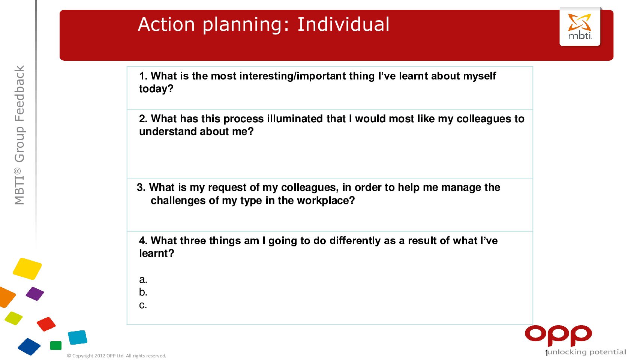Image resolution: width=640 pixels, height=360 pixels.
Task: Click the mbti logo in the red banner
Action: point(580,26)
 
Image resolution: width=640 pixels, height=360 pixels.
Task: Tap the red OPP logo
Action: point(558,336)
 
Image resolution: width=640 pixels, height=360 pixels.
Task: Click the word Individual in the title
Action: point(343,24)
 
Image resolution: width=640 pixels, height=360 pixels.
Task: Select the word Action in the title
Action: point(166,24)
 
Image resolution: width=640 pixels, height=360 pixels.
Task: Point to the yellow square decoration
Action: point(27,268)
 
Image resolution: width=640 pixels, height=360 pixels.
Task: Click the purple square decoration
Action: point(35,294)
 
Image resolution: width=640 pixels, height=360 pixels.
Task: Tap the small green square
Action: point(56,345)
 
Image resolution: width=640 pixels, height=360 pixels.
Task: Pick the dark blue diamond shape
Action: point(29,347)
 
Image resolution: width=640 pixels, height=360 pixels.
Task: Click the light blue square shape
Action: point(78,337)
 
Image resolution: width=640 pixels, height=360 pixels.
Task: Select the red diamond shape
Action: point(46,324)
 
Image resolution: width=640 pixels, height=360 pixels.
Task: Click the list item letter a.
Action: point(143,279)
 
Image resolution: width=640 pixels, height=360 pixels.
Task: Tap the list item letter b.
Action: point(143,292)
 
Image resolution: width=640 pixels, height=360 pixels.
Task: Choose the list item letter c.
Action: point(143,305)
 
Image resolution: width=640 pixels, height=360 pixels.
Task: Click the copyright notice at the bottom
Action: point(116,356)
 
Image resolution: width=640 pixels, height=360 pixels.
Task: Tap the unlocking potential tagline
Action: point(586,352)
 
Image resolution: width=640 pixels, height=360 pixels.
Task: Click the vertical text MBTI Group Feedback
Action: point(19,135)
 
